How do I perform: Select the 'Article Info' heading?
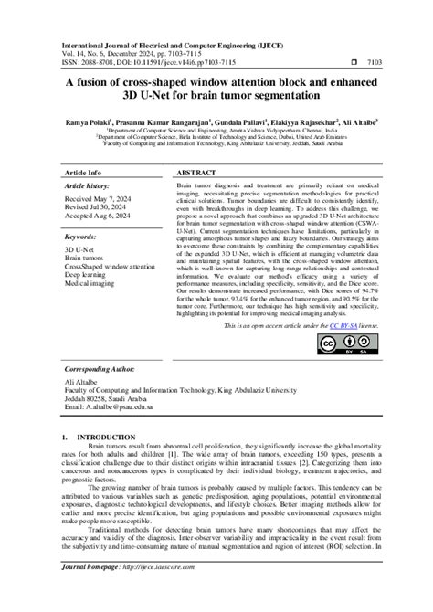tap(82, 172)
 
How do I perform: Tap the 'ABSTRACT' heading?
tap(196, 172)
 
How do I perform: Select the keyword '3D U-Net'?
tap(81, 248)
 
